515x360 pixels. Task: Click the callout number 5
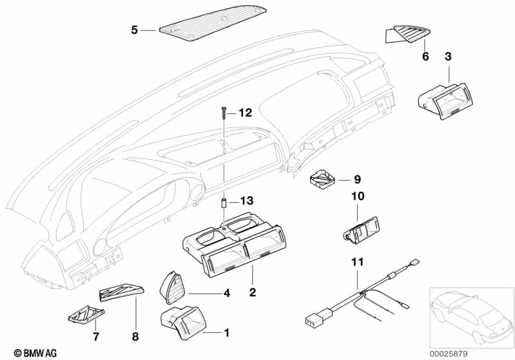134,30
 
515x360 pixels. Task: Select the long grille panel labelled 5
213,23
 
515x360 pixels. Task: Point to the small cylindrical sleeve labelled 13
224,204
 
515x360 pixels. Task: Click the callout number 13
247,200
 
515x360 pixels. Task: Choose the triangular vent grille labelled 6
408,34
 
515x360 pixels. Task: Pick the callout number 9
357,180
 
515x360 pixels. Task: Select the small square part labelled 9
322,179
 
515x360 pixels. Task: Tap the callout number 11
358,262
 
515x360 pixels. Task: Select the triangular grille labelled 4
173,288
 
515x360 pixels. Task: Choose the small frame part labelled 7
86,314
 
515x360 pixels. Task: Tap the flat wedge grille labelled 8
122,292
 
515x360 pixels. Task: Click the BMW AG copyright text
35,353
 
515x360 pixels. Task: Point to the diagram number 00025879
449,354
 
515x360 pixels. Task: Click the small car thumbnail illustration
471,317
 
